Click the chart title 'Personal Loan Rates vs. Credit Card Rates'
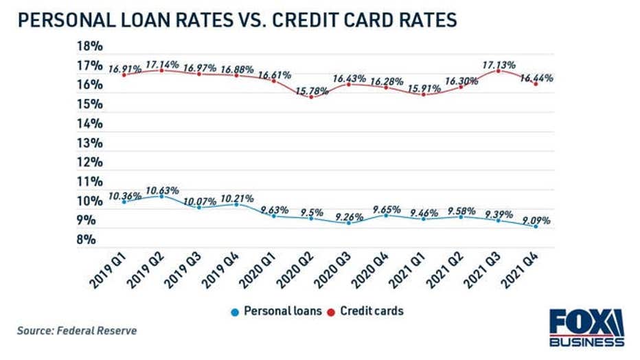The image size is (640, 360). point(237,20)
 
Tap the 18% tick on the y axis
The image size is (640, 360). point(91,47)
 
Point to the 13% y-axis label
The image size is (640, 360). point(91,144)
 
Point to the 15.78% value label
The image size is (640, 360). point(312,88)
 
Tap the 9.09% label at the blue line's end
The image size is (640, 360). point(536,220)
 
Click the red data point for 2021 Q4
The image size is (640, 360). point(536,84)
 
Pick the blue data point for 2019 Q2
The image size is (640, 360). point(161,196)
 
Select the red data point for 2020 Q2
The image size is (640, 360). point(311,97)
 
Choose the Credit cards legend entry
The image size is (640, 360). point(369,311)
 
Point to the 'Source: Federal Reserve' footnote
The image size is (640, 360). point(77,331)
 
